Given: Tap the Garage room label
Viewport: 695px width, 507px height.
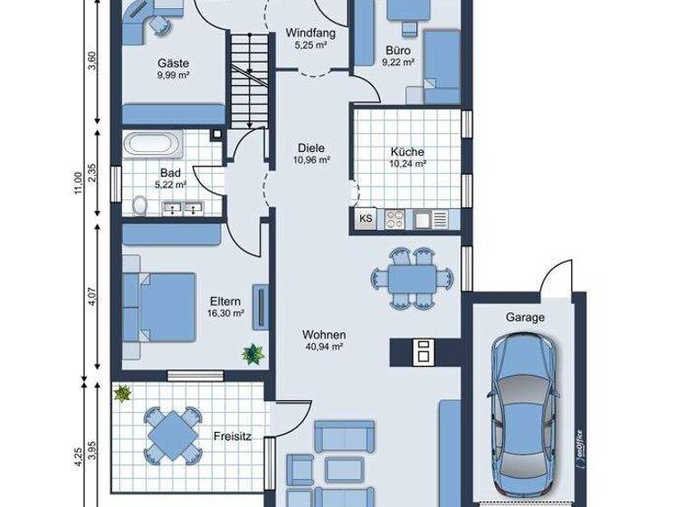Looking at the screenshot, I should (x=525, y=318).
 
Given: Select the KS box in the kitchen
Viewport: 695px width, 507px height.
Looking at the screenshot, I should (x=366, y=218).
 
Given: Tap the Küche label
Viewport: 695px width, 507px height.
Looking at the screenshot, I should (x=407, y=152).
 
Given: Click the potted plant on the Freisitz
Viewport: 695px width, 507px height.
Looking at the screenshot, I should (x=121, y=393).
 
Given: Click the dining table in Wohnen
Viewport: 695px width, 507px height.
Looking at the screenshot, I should (x=410, y=277).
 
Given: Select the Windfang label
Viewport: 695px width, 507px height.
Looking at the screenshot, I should (x=310, y=33).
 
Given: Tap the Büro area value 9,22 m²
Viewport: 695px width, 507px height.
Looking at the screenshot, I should (x=398, y=62).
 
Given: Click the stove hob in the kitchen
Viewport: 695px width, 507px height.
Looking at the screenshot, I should (x=395, y=218).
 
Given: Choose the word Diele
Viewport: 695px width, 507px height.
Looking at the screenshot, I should (x=310, y=148).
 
